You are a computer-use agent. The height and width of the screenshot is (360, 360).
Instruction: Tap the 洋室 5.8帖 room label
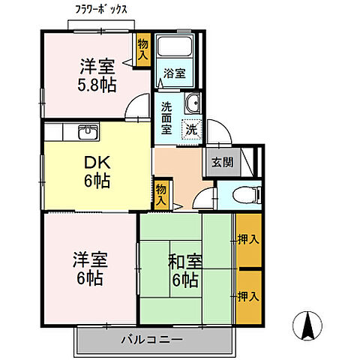click(x=98, y=75)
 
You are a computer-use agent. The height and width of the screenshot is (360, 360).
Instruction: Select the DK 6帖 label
click(x=96, y=169)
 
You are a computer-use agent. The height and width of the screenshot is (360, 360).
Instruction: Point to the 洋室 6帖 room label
click(x=90, y=269)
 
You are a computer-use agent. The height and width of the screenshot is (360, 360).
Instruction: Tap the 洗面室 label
click(x=166, y=117)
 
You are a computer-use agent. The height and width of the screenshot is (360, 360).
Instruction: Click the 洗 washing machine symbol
click(x=192, y=129)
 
